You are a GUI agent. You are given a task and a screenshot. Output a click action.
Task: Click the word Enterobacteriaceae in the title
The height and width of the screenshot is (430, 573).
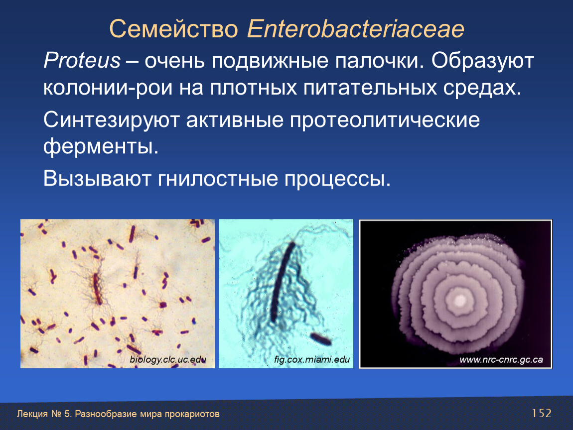(356, 29)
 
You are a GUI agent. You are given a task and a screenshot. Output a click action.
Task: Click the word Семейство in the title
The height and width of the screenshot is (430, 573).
(173, 29)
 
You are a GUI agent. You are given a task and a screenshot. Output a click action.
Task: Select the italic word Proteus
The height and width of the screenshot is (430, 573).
(82, 60)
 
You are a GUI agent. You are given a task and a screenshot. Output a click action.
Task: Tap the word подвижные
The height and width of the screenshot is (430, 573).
(270, 61)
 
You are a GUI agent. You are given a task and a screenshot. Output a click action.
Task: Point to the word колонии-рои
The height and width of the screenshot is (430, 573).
(108, 88)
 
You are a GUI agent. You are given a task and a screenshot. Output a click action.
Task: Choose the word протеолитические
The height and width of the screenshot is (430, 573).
(385, 120)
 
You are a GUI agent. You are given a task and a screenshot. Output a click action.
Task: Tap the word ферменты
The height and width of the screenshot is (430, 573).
(101, 147)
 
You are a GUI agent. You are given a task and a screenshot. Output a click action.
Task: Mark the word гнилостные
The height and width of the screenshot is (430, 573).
(218, 179)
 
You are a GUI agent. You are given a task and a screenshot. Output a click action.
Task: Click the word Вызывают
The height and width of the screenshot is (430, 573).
(97, 179)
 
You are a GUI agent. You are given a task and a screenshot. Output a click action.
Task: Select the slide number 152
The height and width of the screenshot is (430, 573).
(542, 413)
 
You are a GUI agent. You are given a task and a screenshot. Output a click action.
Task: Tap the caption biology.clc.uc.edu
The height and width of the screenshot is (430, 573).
(168, 359)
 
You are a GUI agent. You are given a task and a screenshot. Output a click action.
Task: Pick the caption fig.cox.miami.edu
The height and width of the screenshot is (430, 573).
(312, 359)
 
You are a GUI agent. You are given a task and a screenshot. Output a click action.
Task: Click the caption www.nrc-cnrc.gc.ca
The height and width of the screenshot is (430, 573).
(501, 360)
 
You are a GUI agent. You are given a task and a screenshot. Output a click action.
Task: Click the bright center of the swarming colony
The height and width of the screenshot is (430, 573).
(460, 301)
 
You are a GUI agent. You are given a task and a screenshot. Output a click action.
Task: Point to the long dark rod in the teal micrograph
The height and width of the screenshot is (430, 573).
(283, 282)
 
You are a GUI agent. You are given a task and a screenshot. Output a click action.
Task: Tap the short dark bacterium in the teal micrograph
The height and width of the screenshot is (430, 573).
(321, 339)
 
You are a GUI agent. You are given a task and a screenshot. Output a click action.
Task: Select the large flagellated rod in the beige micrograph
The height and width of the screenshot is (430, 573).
(97, 289)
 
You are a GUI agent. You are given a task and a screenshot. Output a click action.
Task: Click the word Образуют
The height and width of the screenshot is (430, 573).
(482, 61)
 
